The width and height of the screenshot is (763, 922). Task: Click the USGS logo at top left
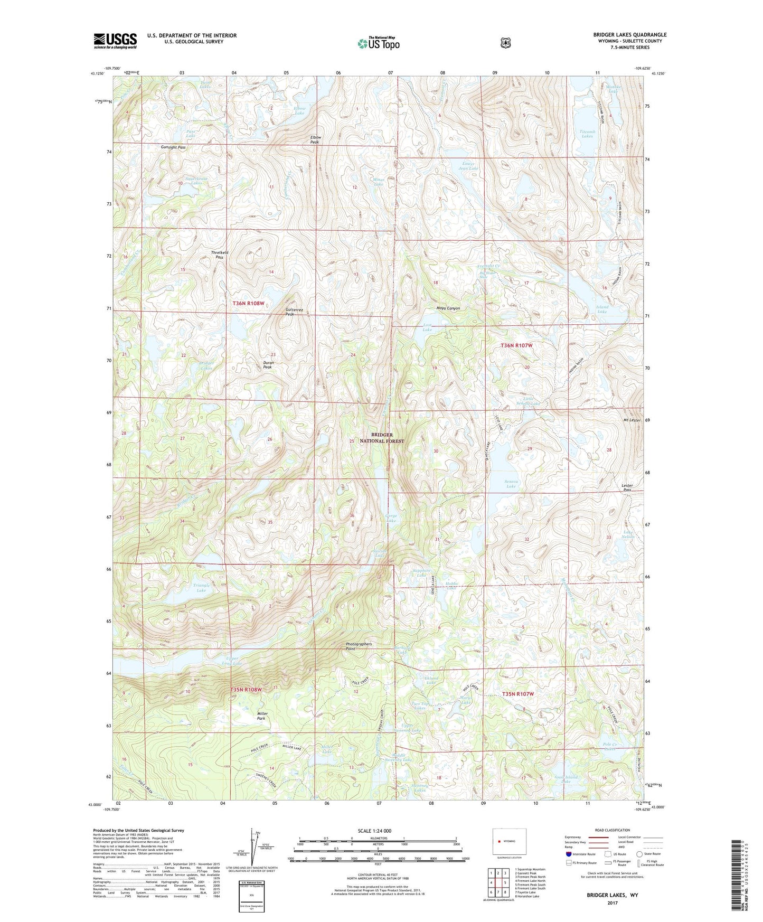click(x=115, y=41)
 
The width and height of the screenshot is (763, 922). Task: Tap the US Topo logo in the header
click(x=378, y=43)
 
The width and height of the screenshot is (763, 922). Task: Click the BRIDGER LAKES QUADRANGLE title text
click(x=629, y=35)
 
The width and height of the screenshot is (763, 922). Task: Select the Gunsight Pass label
click(x=173, y=147)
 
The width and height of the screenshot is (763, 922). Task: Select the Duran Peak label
click(x=268, y=364)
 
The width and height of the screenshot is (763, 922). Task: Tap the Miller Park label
click(x=262, y=716)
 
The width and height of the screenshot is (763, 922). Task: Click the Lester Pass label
click(x=627, y=487)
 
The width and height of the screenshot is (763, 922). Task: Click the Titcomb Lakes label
click(x=586, y=134)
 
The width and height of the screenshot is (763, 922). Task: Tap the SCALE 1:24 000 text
click(x=378, y=831)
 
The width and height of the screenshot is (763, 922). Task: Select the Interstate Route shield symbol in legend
click(x=568, y=854)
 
